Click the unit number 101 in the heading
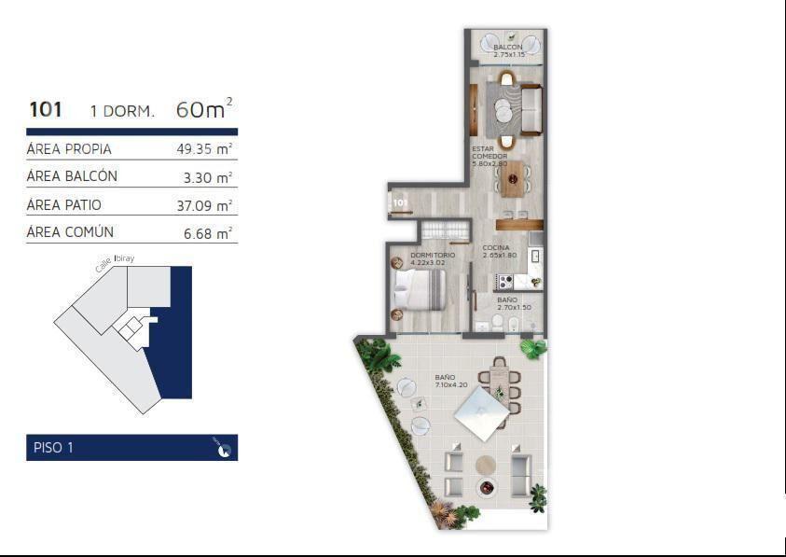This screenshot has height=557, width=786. click(x=46, y=109)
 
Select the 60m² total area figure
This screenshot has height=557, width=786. click(x=204, y=108)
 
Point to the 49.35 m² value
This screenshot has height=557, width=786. click(x=204, y=149)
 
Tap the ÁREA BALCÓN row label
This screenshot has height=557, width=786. click(x=72, y=175)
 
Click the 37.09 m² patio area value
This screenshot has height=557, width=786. click(x=204, y=206)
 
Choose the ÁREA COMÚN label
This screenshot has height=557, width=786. click(x=70, y=231)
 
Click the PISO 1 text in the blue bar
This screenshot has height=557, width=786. click(x=54, y=448)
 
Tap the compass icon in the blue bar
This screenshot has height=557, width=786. click(x=224, y=448)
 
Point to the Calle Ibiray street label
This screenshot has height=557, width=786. click(x=115, y=263)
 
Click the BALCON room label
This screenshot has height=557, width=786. click(x=508, y=47)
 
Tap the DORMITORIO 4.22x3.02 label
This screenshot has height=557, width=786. click(x=433, y=258)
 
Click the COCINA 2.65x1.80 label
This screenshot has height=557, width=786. click(x=499, y=251)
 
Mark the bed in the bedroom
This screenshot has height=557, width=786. click(x=421, y=290)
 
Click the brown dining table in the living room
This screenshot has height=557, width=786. click(x=513, y=178)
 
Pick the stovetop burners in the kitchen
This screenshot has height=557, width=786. click(x=504, y=282)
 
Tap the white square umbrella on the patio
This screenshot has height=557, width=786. click(x=482, y=413)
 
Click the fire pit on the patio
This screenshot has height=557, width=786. click(x=486, y=487)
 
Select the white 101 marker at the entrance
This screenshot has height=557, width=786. click(x=401, y=202)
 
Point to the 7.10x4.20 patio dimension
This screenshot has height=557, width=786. click(x=451, y=385)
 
